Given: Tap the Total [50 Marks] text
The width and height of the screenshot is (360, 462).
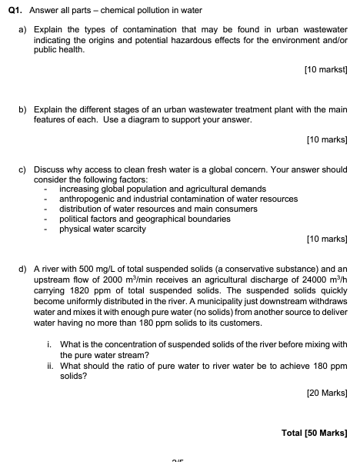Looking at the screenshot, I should pyautogui.click(x=315, y=431).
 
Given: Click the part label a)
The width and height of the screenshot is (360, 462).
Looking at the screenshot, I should pyautogui.click(x=22, y=28).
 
